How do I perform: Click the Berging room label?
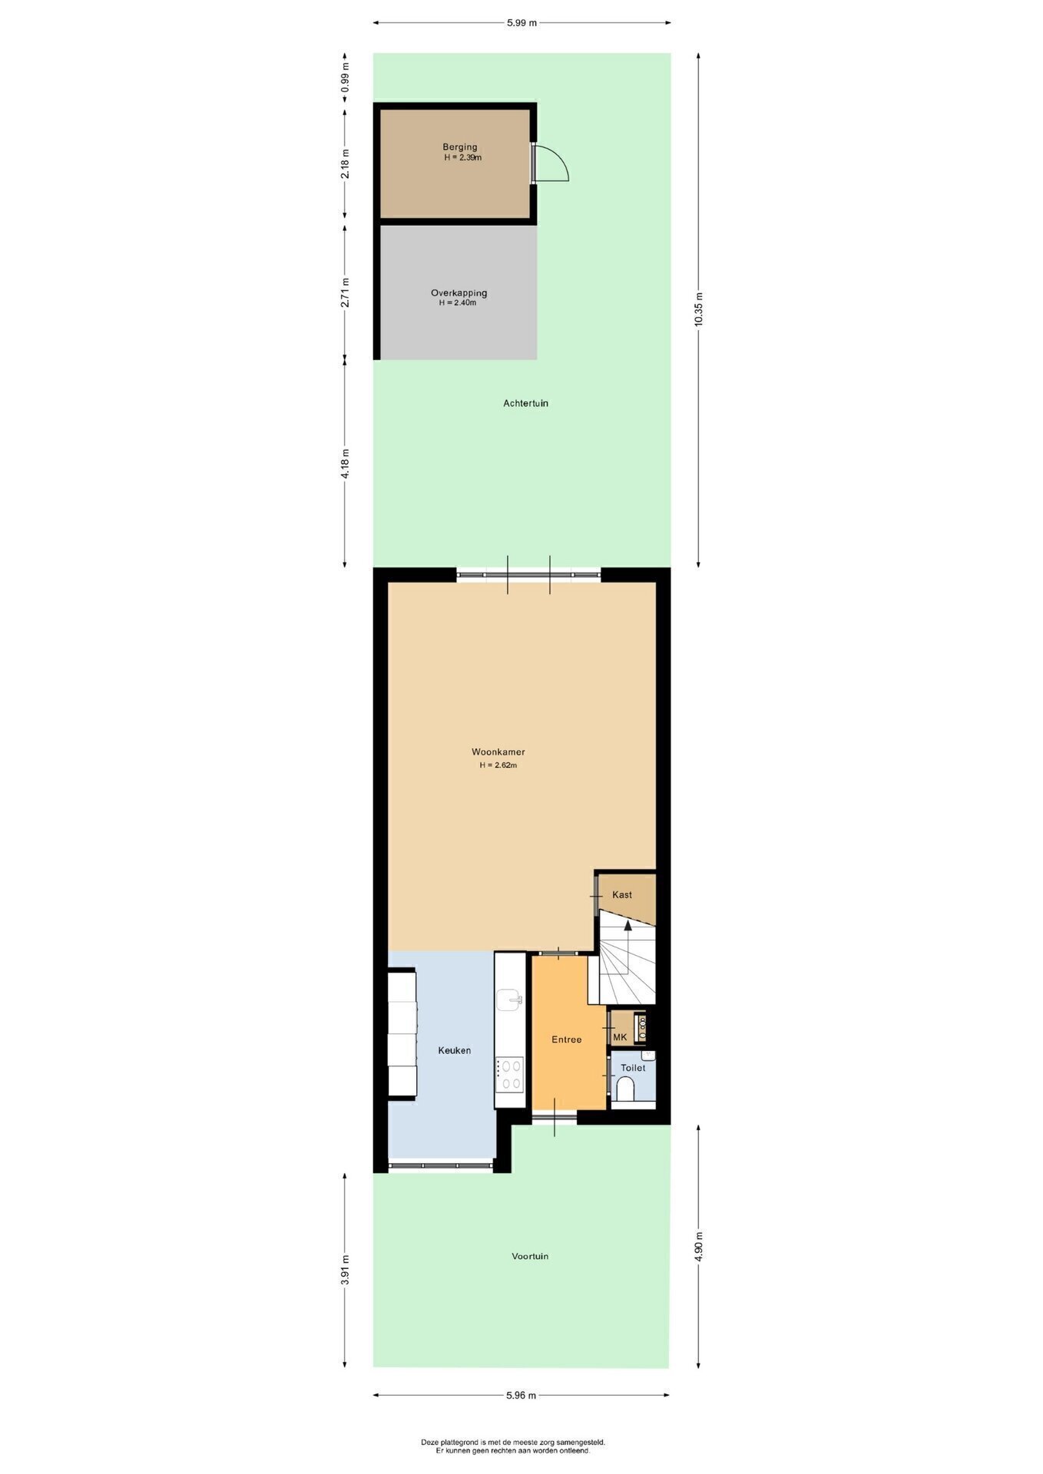point(459,147)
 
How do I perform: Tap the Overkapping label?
point(459,292)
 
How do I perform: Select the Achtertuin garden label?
point(525,403)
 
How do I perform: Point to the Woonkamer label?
point(498,752)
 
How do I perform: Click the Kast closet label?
point(622,894)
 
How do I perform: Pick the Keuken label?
point(454,1050)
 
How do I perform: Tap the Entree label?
point(567,1039)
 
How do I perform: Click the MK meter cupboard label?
point(620,1037)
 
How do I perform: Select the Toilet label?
point(633,1068)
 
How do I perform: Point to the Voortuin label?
point(530,1257)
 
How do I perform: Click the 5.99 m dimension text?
point(521,22)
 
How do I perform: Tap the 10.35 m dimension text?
point(698,310)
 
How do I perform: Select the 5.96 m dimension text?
point(521,1396)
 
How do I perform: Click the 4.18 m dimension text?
point(345,464)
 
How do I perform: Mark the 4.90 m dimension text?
point(698,1247)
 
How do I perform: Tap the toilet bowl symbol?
point(626,1089)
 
